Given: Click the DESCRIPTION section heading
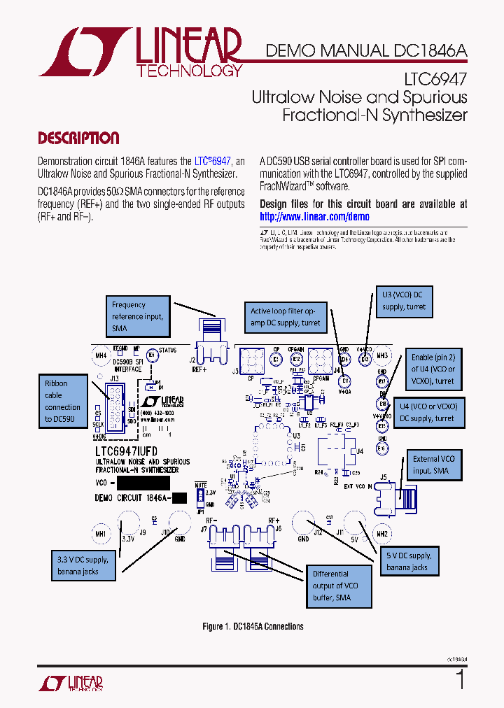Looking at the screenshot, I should tap(78, 138).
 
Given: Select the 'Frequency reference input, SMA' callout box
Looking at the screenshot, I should tap(138, 316).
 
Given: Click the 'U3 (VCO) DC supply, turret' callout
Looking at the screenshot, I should tap(404, 301).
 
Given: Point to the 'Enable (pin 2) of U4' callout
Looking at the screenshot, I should tap(433, 369).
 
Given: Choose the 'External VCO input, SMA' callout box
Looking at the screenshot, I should tap(433, 465).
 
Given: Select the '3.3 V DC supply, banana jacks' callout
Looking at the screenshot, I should tap(83, 565).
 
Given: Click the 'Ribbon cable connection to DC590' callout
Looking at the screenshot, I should tap(62, 401).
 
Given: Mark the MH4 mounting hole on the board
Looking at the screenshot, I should tap(100, 356).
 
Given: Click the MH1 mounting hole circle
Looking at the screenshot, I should tap(99, 534).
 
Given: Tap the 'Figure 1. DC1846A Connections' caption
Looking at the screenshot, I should tap(253, 626).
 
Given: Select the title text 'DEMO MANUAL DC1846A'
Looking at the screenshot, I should tap(366, 51).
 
